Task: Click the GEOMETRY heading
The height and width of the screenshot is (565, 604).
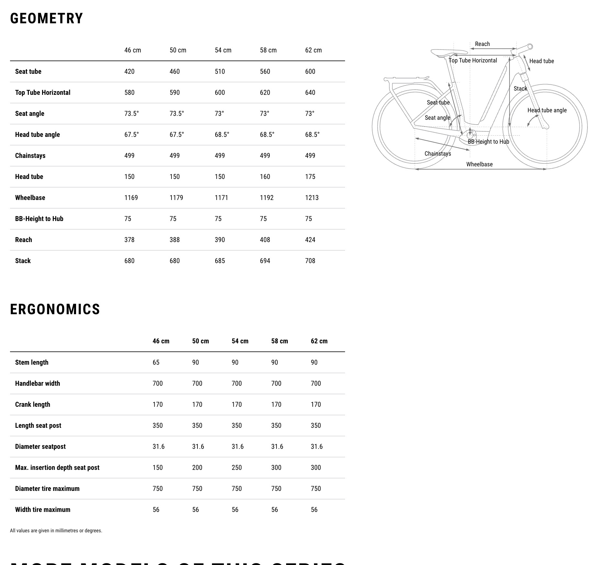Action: [47, 18]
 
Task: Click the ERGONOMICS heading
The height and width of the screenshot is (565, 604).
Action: [55, 309]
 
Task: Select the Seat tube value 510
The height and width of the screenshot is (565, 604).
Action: [220, 72]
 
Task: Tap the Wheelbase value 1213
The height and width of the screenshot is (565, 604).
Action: [312, 198]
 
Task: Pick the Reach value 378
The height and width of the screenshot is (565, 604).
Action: [129, 240]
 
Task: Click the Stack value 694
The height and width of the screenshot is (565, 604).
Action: [265, 261]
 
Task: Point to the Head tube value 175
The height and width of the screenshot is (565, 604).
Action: [310, 177]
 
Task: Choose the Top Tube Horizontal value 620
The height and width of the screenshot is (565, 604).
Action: [265, 93]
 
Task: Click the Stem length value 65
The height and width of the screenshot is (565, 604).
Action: [156, 362]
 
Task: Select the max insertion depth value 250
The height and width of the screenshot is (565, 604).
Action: [237, 468]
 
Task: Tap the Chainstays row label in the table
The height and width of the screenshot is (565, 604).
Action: [30, 156]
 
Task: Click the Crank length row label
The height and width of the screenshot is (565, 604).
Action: [33, 404]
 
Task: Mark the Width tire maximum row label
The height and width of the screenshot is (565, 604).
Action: [43, 510]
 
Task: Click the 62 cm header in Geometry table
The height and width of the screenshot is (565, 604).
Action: [313, 50]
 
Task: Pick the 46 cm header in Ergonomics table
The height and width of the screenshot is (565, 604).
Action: [161, 341]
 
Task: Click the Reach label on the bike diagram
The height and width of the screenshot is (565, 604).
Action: [482, 44]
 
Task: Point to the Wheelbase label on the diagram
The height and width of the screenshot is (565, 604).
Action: [479, 164]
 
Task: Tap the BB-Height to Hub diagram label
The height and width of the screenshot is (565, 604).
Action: [488, 142]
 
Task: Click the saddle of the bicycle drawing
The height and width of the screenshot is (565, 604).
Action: [448, 52]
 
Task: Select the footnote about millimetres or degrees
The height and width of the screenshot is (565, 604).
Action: [56, 531]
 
